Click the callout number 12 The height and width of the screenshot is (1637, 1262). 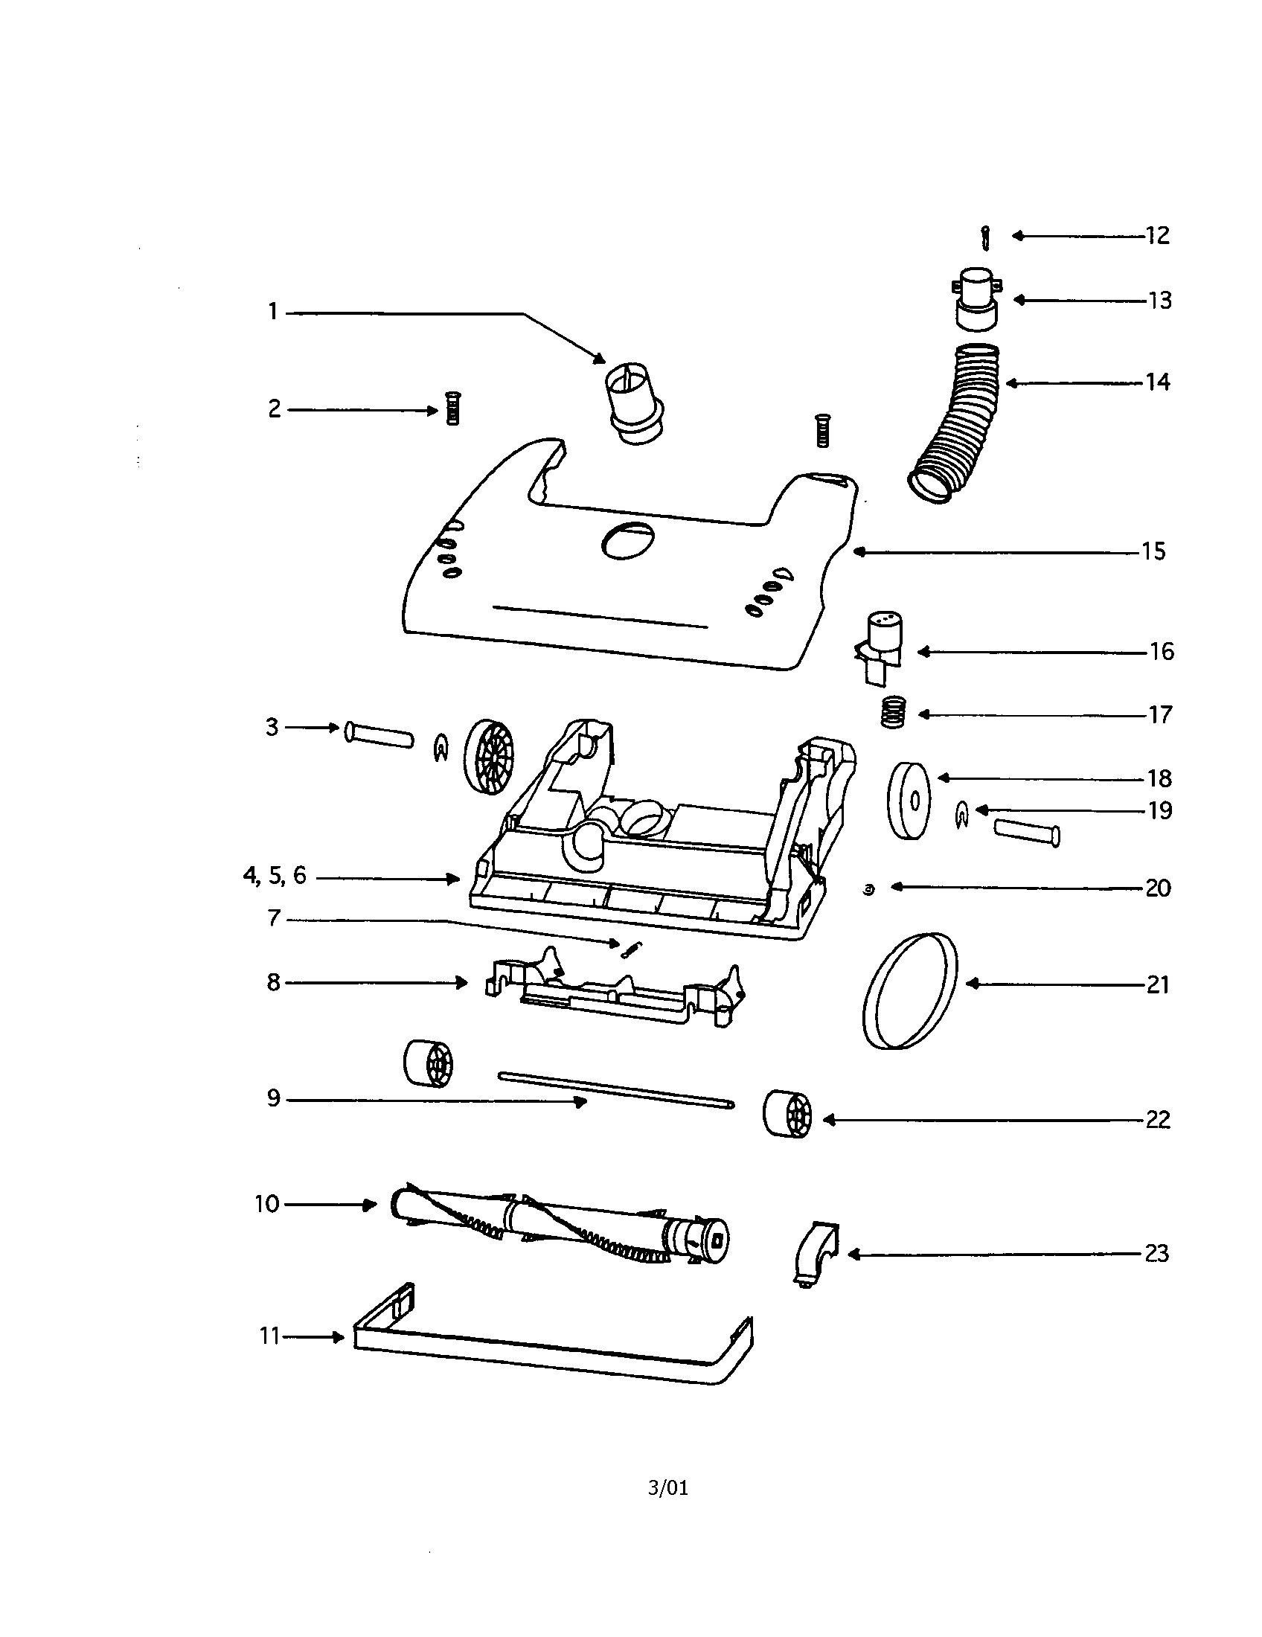point(1157,235)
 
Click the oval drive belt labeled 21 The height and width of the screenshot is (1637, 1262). point(910,990)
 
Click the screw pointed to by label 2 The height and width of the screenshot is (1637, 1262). point(452,409)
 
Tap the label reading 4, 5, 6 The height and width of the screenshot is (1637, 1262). point(275,876)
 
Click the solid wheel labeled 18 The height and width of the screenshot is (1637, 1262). point(909,801)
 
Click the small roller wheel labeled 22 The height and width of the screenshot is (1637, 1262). point(787,1115)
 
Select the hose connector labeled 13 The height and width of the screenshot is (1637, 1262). point(977,298)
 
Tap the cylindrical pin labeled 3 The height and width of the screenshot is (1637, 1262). point(379,734)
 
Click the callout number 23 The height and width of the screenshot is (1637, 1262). point(1156,1253)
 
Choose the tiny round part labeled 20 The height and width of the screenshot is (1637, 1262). point(868,890)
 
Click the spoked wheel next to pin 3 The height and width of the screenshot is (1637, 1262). point(490,757)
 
